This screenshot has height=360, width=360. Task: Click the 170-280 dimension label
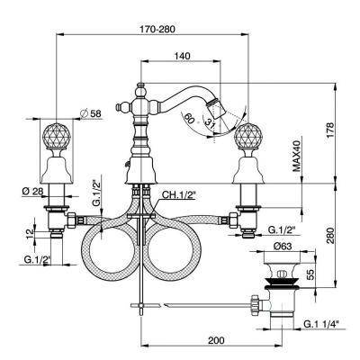pyautogui.click(x=157, y=30)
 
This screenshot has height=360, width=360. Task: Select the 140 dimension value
pyautogui.click(x=182, y=56)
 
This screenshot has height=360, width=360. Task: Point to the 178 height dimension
pyautogui.click(x=329, y=130)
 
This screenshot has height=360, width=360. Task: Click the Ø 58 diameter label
pyautogui.click(x=91, y=113)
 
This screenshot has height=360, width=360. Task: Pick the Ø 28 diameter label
pyautogui.click(x=32, y=191)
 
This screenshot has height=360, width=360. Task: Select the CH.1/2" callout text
pyautogui.click(x=179, y=195)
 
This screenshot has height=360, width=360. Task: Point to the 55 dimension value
pyautogui.click(x=310, y=274)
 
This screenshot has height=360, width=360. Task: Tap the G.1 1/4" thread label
pyautogui.click(x=321, y=324)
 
